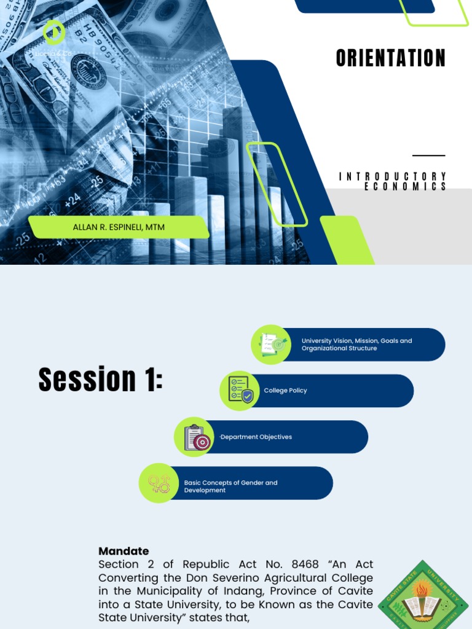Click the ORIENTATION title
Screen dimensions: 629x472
[390, 58]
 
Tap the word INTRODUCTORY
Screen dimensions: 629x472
[393, 177]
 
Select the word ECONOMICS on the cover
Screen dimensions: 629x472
[406, 187]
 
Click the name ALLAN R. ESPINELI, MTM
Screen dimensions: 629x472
[119, 227]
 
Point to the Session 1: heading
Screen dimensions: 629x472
[101, 379]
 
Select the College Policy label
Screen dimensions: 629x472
[285, 391]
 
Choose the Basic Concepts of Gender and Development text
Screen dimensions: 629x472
[230, 486]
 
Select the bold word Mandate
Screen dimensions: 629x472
[124, 551]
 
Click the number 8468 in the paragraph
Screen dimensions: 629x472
[304, 564]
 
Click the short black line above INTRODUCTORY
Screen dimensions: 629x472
[428, 156]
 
